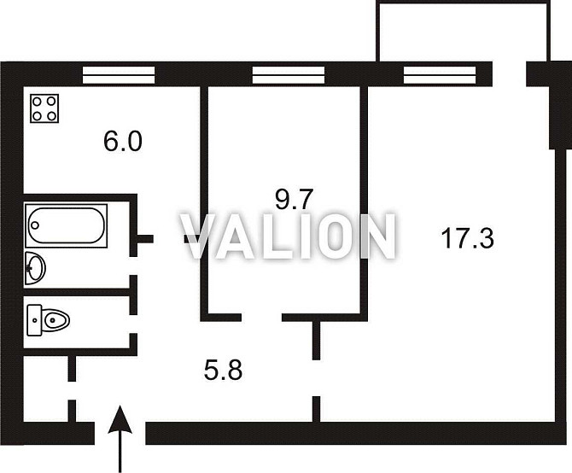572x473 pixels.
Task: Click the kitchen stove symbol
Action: pos(44,108)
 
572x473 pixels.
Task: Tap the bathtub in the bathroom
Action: pos(66,225)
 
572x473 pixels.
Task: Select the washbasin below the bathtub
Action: pos(35,268)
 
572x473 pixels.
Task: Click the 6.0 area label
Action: pos(123,142)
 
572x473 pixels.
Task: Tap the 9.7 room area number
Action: pos(294,199)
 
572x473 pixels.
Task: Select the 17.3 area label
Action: pos(467,237)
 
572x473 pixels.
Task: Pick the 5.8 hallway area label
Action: pos(224,371)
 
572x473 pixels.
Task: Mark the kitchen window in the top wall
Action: pos(119,75)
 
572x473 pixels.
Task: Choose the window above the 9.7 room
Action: pos(289,75)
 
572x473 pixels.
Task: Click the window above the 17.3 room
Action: pos(440,75)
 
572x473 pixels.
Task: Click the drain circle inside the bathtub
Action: pos(35,225)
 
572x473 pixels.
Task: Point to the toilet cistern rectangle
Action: pos(35,320)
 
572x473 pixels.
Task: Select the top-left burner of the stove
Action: pos(38,101)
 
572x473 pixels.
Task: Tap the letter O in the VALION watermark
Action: pos(331,236)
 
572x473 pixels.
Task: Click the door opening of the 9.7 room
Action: pos(261,318)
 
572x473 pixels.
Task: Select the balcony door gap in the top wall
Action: pos(510,74)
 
